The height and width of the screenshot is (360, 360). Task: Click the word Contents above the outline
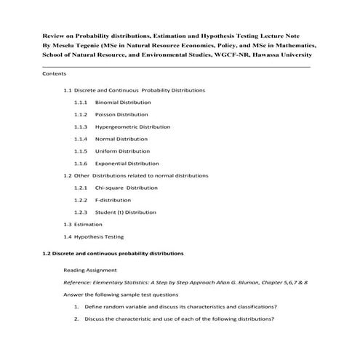[x=55, y=74]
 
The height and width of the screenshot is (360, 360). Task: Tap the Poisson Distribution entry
[x=121, y=114]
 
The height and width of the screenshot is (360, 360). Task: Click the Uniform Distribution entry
[x=121, y=151]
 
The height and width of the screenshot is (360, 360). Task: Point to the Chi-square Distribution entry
[x=126, y=188]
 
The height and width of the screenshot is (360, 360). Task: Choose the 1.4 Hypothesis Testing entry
[x=94, y=236]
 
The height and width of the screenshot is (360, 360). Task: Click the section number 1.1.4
[x=81, y=139]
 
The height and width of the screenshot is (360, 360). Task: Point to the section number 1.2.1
[x=81, y=188]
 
